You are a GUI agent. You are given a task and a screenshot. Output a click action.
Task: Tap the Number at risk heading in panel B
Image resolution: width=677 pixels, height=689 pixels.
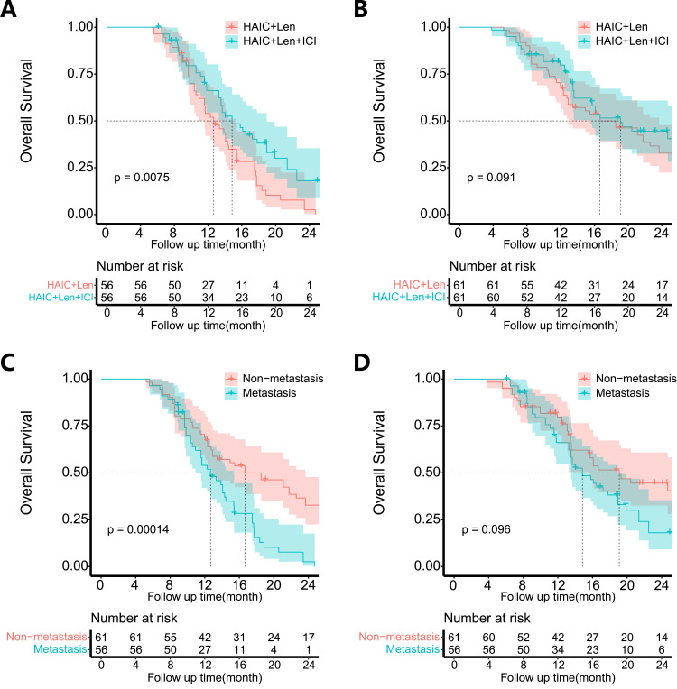(488, 265)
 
